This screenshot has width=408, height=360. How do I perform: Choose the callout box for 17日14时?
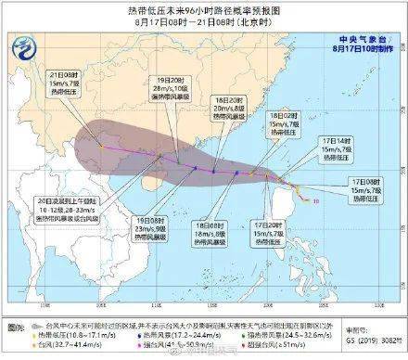(338, 129)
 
